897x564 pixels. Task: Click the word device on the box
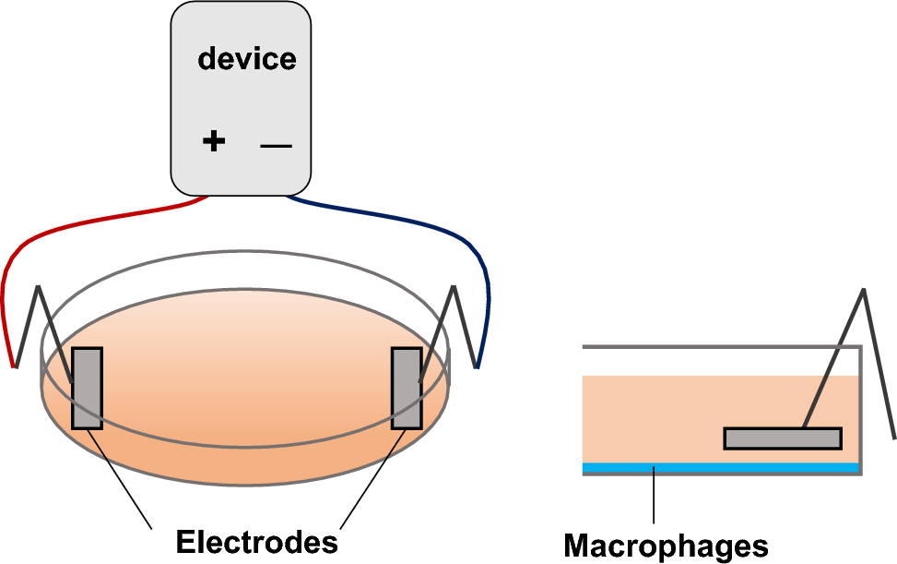[247, 59]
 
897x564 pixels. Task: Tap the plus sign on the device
[213, 141]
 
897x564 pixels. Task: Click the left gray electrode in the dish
[87, 388]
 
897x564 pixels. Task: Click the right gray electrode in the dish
[407, 388]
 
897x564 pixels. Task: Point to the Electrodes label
[256, 542]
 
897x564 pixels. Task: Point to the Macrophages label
[666, 545]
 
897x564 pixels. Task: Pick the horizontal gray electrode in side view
[782, 438]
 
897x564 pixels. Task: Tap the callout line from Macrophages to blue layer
[654, 498]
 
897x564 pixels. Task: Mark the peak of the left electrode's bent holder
[39, 288]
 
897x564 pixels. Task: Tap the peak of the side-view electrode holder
[863, 291]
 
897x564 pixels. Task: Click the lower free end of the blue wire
[478, 366]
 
